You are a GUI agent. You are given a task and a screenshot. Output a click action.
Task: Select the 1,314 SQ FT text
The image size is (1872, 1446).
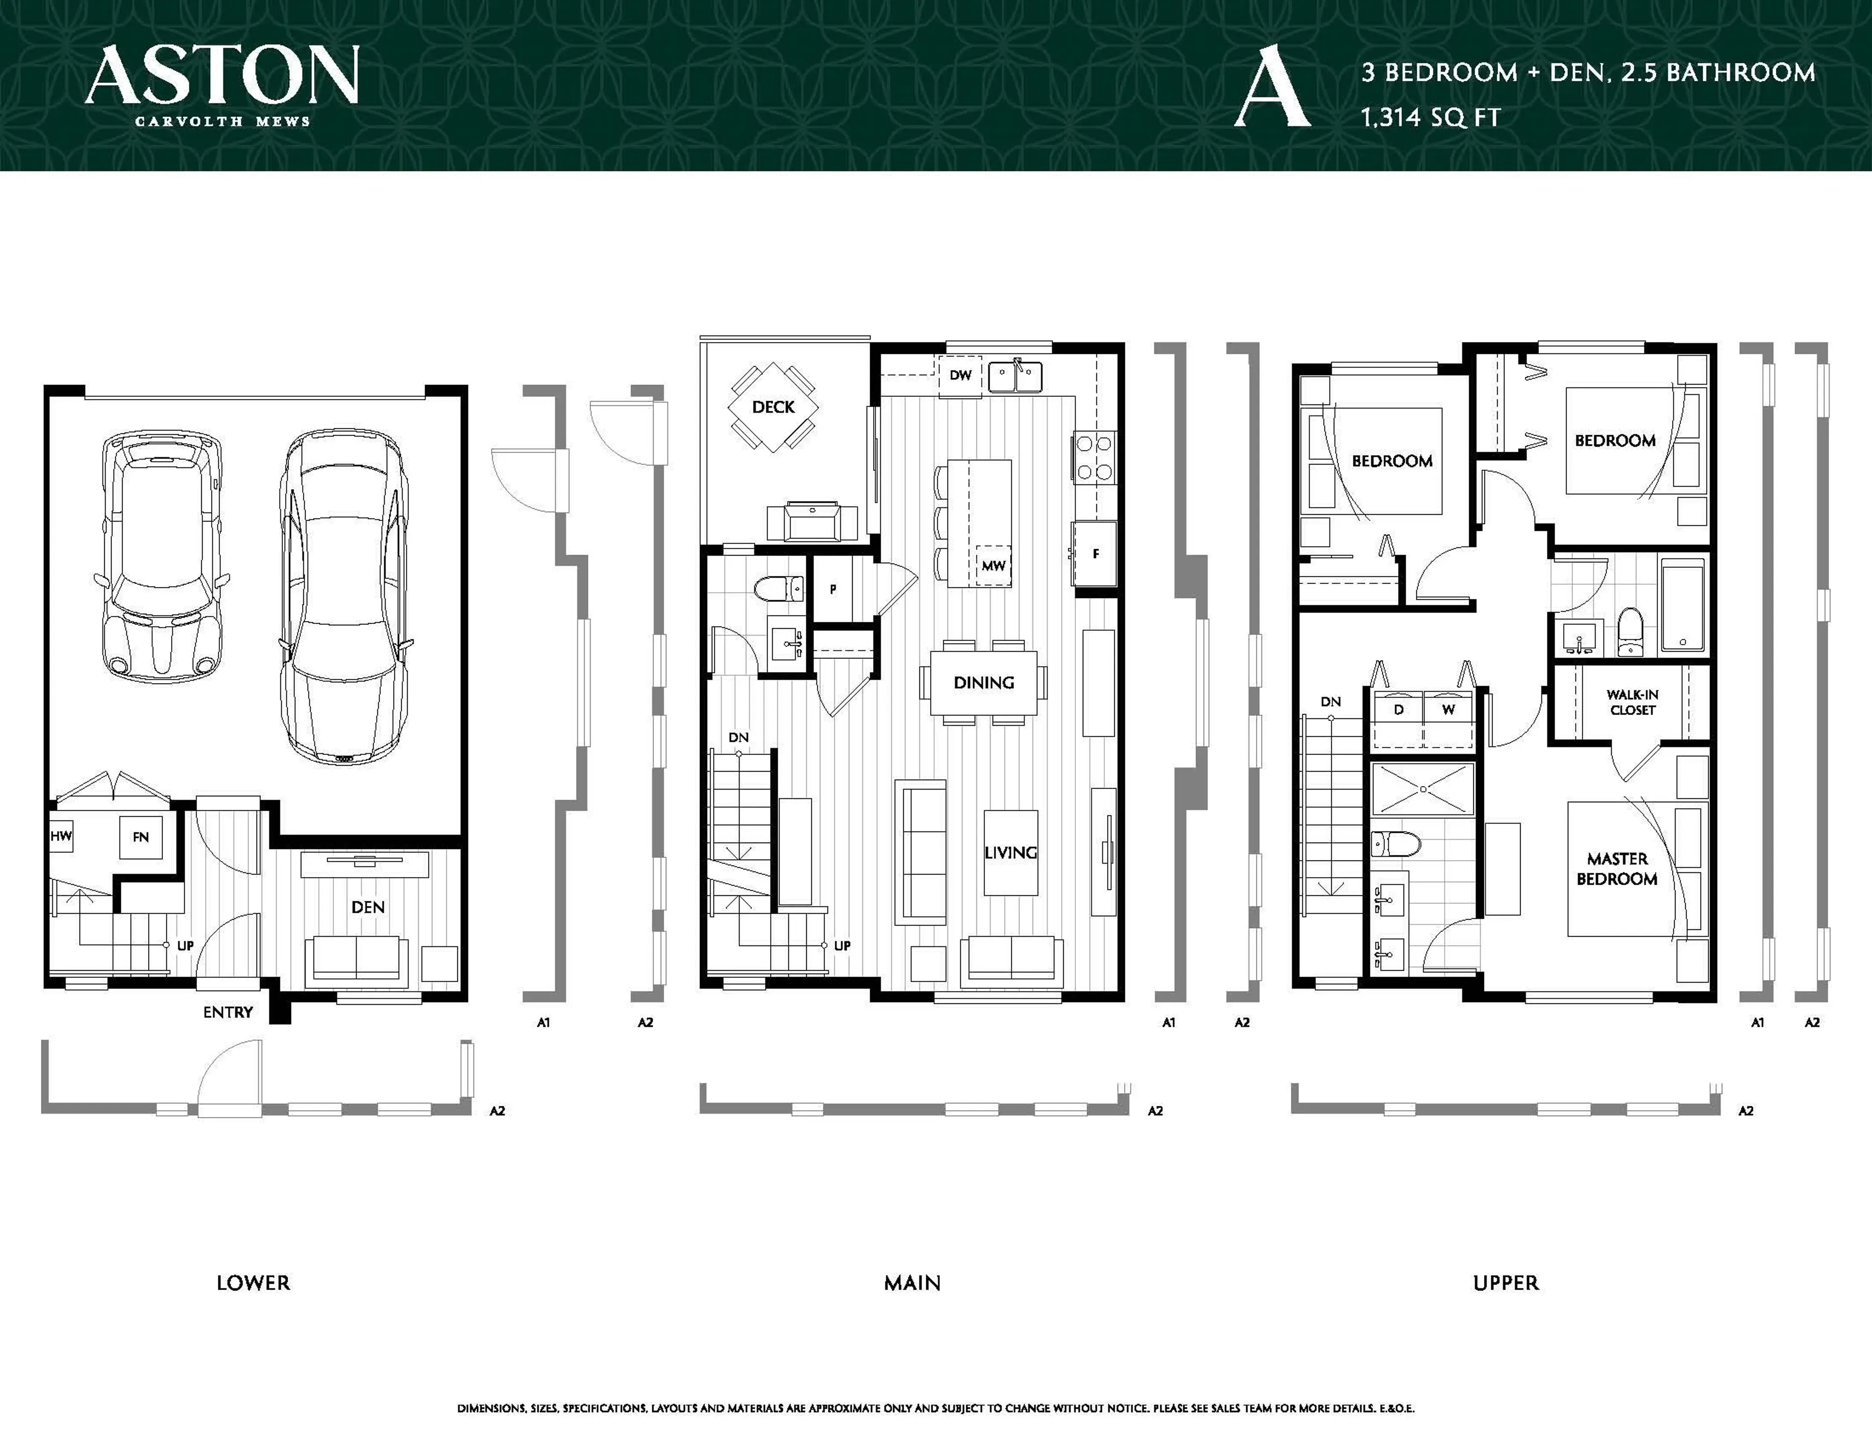(x=1431, y=117)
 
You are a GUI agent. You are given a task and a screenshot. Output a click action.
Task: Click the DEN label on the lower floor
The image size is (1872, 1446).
(x=368, y=907)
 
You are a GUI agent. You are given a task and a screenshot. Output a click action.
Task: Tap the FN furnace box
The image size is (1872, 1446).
(x=140, y=837)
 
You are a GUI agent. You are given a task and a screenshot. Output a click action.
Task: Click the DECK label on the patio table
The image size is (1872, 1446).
(x=773, y=407)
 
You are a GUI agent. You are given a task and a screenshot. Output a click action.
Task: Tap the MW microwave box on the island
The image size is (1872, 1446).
(x=993, y=566)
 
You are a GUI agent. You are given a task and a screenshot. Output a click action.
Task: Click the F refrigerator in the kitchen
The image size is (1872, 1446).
(x=1094, y=554)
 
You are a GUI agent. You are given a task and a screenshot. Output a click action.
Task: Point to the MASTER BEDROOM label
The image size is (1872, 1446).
(x=1617, y=868)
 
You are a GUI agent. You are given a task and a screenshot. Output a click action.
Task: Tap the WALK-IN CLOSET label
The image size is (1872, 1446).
(x=1632, y=702)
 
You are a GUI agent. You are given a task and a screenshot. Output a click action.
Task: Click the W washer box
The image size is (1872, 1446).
(x=1448, y=710)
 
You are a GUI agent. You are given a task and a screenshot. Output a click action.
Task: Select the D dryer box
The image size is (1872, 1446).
(x=1398, y=710)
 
